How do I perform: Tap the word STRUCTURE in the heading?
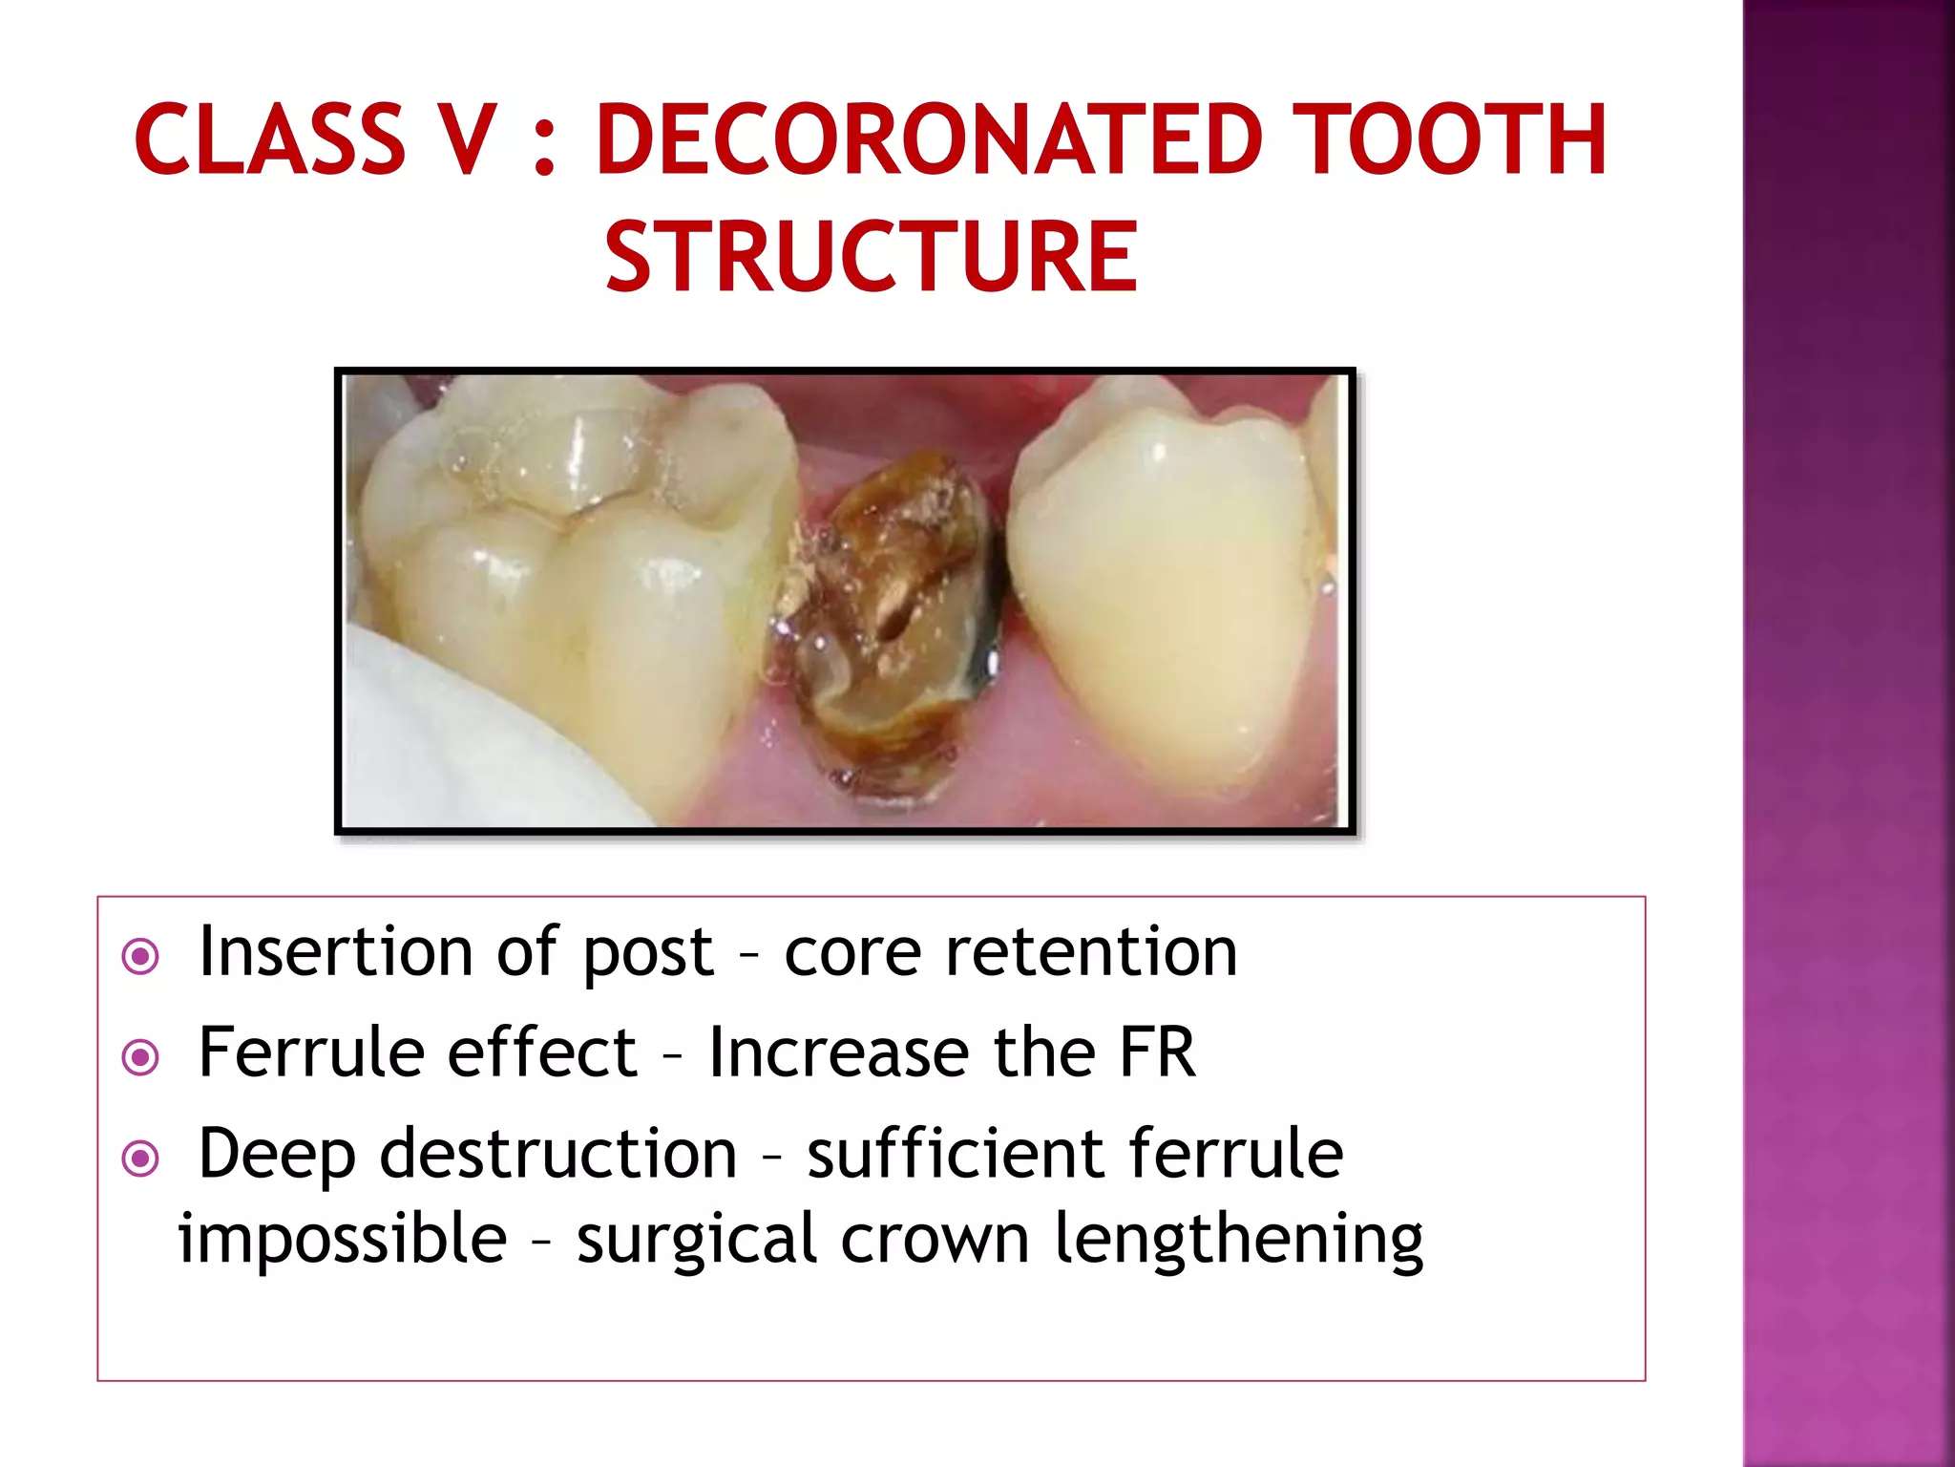coord(871,256)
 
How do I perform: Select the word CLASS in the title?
coord(270,140)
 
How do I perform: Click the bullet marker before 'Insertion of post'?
coord(141,956)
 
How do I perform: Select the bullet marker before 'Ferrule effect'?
coord(141,1057)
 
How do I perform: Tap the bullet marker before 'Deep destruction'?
coord(141,1159)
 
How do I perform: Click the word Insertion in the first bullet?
coord(335,952)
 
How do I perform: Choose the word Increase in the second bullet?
coord(837,1052)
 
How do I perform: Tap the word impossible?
coord(342,1239)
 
